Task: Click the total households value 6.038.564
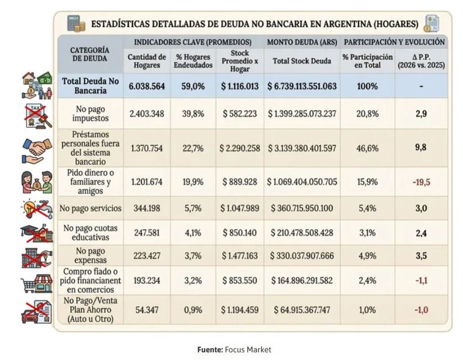pos(147,86)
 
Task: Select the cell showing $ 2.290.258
pos(240,148)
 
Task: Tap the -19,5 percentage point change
pos(421,182)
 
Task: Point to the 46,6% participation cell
pos(367,148)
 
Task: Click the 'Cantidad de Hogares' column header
pos(147,61)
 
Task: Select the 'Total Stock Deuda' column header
pos(302,61)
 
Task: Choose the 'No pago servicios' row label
pos(90,208)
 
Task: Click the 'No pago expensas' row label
pos(90,256)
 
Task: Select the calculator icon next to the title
pos(76,23)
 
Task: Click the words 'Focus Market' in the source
pos(248,349)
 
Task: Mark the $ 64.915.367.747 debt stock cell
pos(302,310)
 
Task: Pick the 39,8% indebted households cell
pos(193,114)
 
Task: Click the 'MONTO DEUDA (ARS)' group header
pos(302,42)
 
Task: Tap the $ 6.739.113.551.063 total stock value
pos(302,86)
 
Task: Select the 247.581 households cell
pos(147,233)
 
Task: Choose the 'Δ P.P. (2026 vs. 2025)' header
pos(421,61)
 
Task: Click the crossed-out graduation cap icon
pos(37,233)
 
